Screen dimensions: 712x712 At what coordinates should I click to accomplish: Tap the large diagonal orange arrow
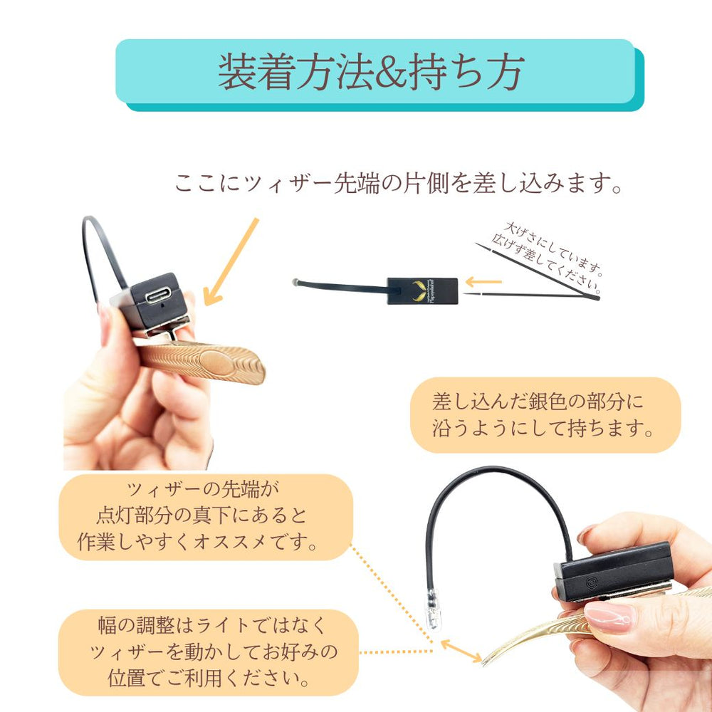click(x=230, y=262)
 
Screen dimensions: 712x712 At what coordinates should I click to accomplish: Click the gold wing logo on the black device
click(x=421, y=290)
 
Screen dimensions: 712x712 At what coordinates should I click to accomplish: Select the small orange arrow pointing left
click(x=483, y=282)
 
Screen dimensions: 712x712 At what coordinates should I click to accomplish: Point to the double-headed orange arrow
click(x=461, y=650)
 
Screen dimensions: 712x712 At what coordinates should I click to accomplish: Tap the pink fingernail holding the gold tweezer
click(x=609, y=617)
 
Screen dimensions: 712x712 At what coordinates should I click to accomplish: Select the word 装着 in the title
click(x=257, y=73)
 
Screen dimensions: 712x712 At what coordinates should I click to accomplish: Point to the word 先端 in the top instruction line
click(x=356, y=184)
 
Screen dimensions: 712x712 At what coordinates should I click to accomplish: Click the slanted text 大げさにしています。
click(x=553, y=248)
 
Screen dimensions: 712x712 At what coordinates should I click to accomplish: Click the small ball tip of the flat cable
click(x=295, y=282)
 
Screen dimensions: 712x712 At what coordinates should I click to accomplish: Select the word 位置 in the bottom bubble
click(x=127, y=679)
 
